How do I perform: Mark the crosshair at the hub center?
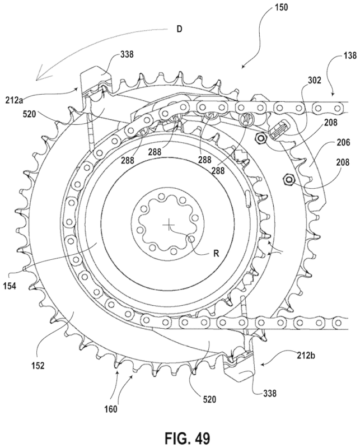click(169, 225)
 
